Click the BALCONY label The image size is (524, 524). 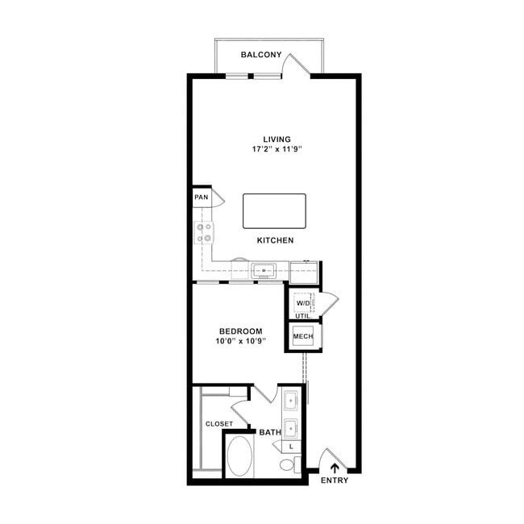261,55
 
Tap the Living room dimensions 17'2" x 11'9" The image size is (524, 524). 277,149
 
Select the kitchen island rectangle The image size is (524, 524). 274,211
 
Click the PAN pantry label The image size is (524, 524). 202,198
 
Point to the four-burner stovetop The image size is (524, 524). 204,233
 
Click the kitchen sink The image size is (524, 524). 264,270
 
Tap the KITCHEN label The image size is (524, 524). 276,240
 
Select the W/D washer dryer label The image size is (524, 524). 303,303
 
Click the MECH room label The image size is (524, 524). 303,336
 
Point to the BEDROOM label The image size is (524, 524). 241,331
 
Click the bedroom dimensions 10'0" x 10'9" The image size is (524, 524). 240,341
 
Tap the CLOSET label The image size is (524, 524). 219,424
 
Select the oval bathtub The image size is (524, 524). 239,456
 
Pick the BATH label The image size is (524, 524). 270,432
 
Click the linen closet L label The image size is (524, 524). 291,447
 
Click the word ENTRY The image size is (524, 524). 335,480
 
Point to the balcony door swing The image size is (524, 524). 296,64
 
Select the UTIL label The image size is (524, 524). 303,316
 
